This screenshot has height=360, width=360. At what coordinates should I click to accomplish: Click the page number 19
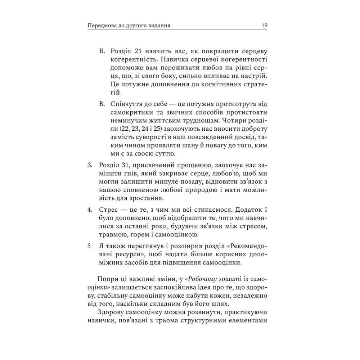tap(264, 26)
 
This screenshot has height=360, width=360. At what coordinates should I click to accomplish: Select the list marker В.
tap(101, 104)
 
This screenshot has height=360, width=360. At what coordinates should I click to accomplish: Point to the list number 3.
tap(90, 156)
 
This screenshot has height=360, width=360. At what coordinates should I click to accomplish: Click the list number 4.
tap(90, 209)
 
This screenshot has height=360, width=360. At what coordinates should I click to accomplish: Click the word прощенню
tap(189, 156)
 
